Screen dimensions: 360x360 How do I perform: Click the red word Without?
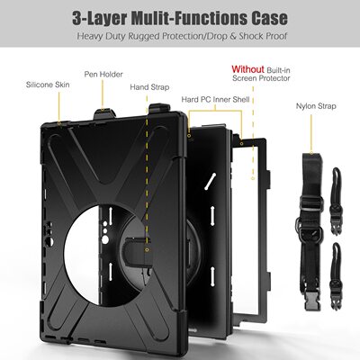point(247,69)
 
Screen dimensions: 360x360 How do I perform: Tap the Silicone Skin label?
point(48,85)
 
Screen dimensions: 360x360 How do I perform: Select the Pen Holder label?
point(103,75)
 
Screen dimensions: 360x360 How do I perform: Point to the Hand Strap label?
point(149,87)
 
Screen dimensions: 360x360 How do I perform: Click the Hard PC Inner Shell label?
point(215,100)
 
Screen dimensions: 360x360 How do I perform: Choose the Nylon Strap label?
point(316,106)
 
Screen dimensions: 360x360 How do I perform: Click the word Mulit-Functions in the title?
point(190,18)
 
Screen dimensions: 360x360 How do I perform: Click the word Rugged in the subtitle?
point(144,37)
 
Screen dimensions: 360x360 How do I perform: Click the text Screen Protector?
point(261,78)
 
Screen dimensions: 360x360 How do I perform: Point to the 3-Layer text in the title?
point(100,19)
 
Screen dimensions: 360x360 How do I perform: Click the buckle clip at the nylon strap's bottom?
point(313,300)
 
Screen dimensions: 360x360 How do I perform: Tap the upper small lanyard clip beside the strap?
point(337,201)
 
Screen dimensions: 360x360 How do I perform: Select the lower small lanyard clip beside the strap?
point(337,275)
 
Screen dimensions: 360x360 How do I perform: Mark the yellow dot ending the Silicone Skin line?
point(59,122)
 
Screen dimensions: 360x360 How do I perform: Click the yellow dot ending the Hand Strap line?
point(147,249)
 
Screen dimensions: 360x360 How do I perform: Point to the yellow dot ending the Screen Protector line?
point(253,178)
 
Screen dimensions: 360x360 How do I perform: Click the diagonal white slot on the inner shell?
point(211,181)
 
